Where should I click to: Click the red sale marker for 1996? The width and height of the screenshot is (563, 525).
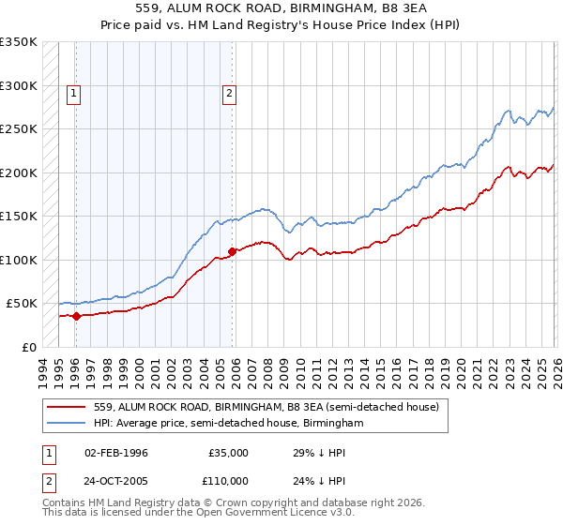76,316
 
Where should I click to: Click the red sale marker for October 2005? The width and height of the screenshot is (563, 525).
232,251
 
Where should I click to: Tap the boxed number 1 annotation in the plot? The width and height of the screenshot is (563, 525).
74,92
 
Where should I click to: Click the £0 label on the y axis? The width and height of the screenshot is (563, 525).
29,347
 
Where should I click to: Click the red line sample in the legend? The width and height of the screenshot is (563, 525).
65,407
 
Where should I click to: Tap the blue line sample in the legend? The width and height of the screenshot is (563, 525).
65,424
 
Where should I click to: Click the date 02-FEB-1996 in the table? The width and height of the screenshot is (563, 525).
115,453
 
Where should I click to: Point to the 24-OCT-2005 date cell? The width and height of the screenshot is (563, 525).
115,480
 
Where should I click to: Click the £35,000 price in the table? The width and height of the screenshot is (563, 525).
229,453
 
